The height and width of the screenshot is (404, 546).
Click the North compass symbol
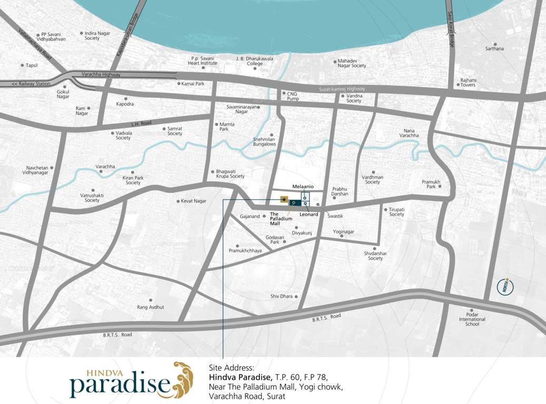[x=505, y=287]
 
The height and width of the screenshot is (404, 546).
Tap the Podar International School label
[x=472, y=319]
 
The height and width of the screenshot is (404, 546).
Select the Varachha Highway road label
[x=101, y=75]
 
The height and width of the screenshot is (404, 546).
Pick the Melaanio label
[x=303, y=187]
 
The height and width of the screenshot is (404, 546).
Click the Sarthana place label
[x=494, y=49]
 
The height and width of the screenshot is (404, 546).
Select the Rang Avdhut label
[x=151, y=307]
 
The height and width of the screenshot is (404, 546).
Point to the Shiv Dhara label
[x=281, y=297]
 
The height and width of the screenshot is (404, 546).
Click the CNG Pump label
[x=293, y=96]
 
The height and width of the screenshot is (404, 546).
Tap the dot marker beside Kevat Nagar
[x=178, y=201]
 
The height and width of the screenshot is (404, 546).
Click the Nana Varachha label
[x=409, y=133]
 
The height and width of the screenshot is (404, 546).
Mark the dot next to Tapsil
[x=22, y=66]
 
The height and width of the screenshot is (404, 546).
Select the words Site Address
[x=232, y=368]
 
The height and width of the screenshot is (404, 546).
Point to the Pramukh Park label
[x=431, y=184]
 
